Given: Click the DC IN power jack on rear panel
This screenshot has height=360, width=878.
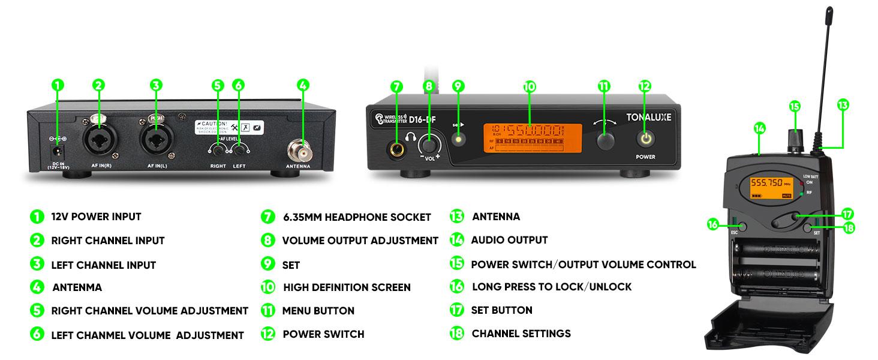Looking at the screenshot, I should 58,153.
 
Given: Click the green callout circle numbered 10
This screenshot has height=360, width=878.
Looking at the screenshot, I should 528,86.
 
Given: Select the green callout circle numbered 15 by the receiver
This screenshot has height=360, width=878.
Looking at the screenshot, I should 795,106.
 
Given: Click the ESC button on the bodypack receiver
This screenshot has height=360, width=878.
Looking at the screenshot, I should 742,227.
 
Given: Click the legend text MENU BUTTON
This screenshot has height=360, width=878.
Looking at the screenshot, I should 318,311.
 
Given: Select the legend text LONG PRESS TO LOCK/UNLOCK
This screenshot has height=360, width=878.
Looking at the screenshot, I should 552,287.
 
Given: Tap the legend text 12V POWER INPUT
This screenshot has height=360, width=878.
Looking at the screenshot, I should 96,217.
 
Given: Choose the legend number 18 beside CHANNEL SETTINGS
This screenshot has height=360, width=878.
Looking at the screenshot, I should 457,334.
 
